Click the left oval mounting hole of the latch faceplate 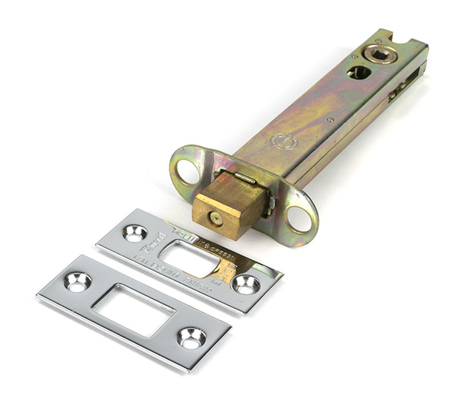click(x=187, y=171)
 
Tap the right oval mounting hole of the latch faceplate click(x=299, y=218)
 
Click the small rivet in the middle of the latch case click(x=330, y=119)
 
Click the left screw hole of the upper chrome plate click(x=135, y=233)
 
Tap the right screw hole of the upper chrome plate click(x=245, y=284)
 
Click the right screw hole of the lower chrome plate click(x=190, y=335)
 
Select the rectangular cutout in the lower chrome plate click(x=133, y=307)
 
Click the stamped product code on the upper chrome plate click(x=228, y=246)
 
